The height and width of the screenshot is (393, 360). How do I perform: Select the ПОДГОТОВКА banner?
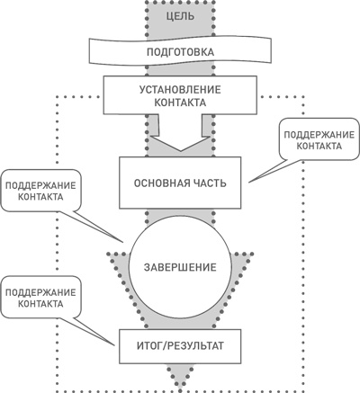180,52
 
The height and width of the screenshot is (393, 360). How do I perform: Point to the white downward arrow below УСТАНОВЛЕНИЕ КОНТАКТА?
180,141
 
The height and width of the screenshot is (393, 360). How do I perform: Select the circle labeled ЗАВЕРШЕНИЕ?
180,267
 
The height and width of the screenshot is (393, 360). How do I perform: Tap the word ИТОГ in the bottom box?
151,344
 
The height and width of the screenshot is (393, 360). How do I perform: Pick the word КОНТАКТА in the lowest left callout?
40,305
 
